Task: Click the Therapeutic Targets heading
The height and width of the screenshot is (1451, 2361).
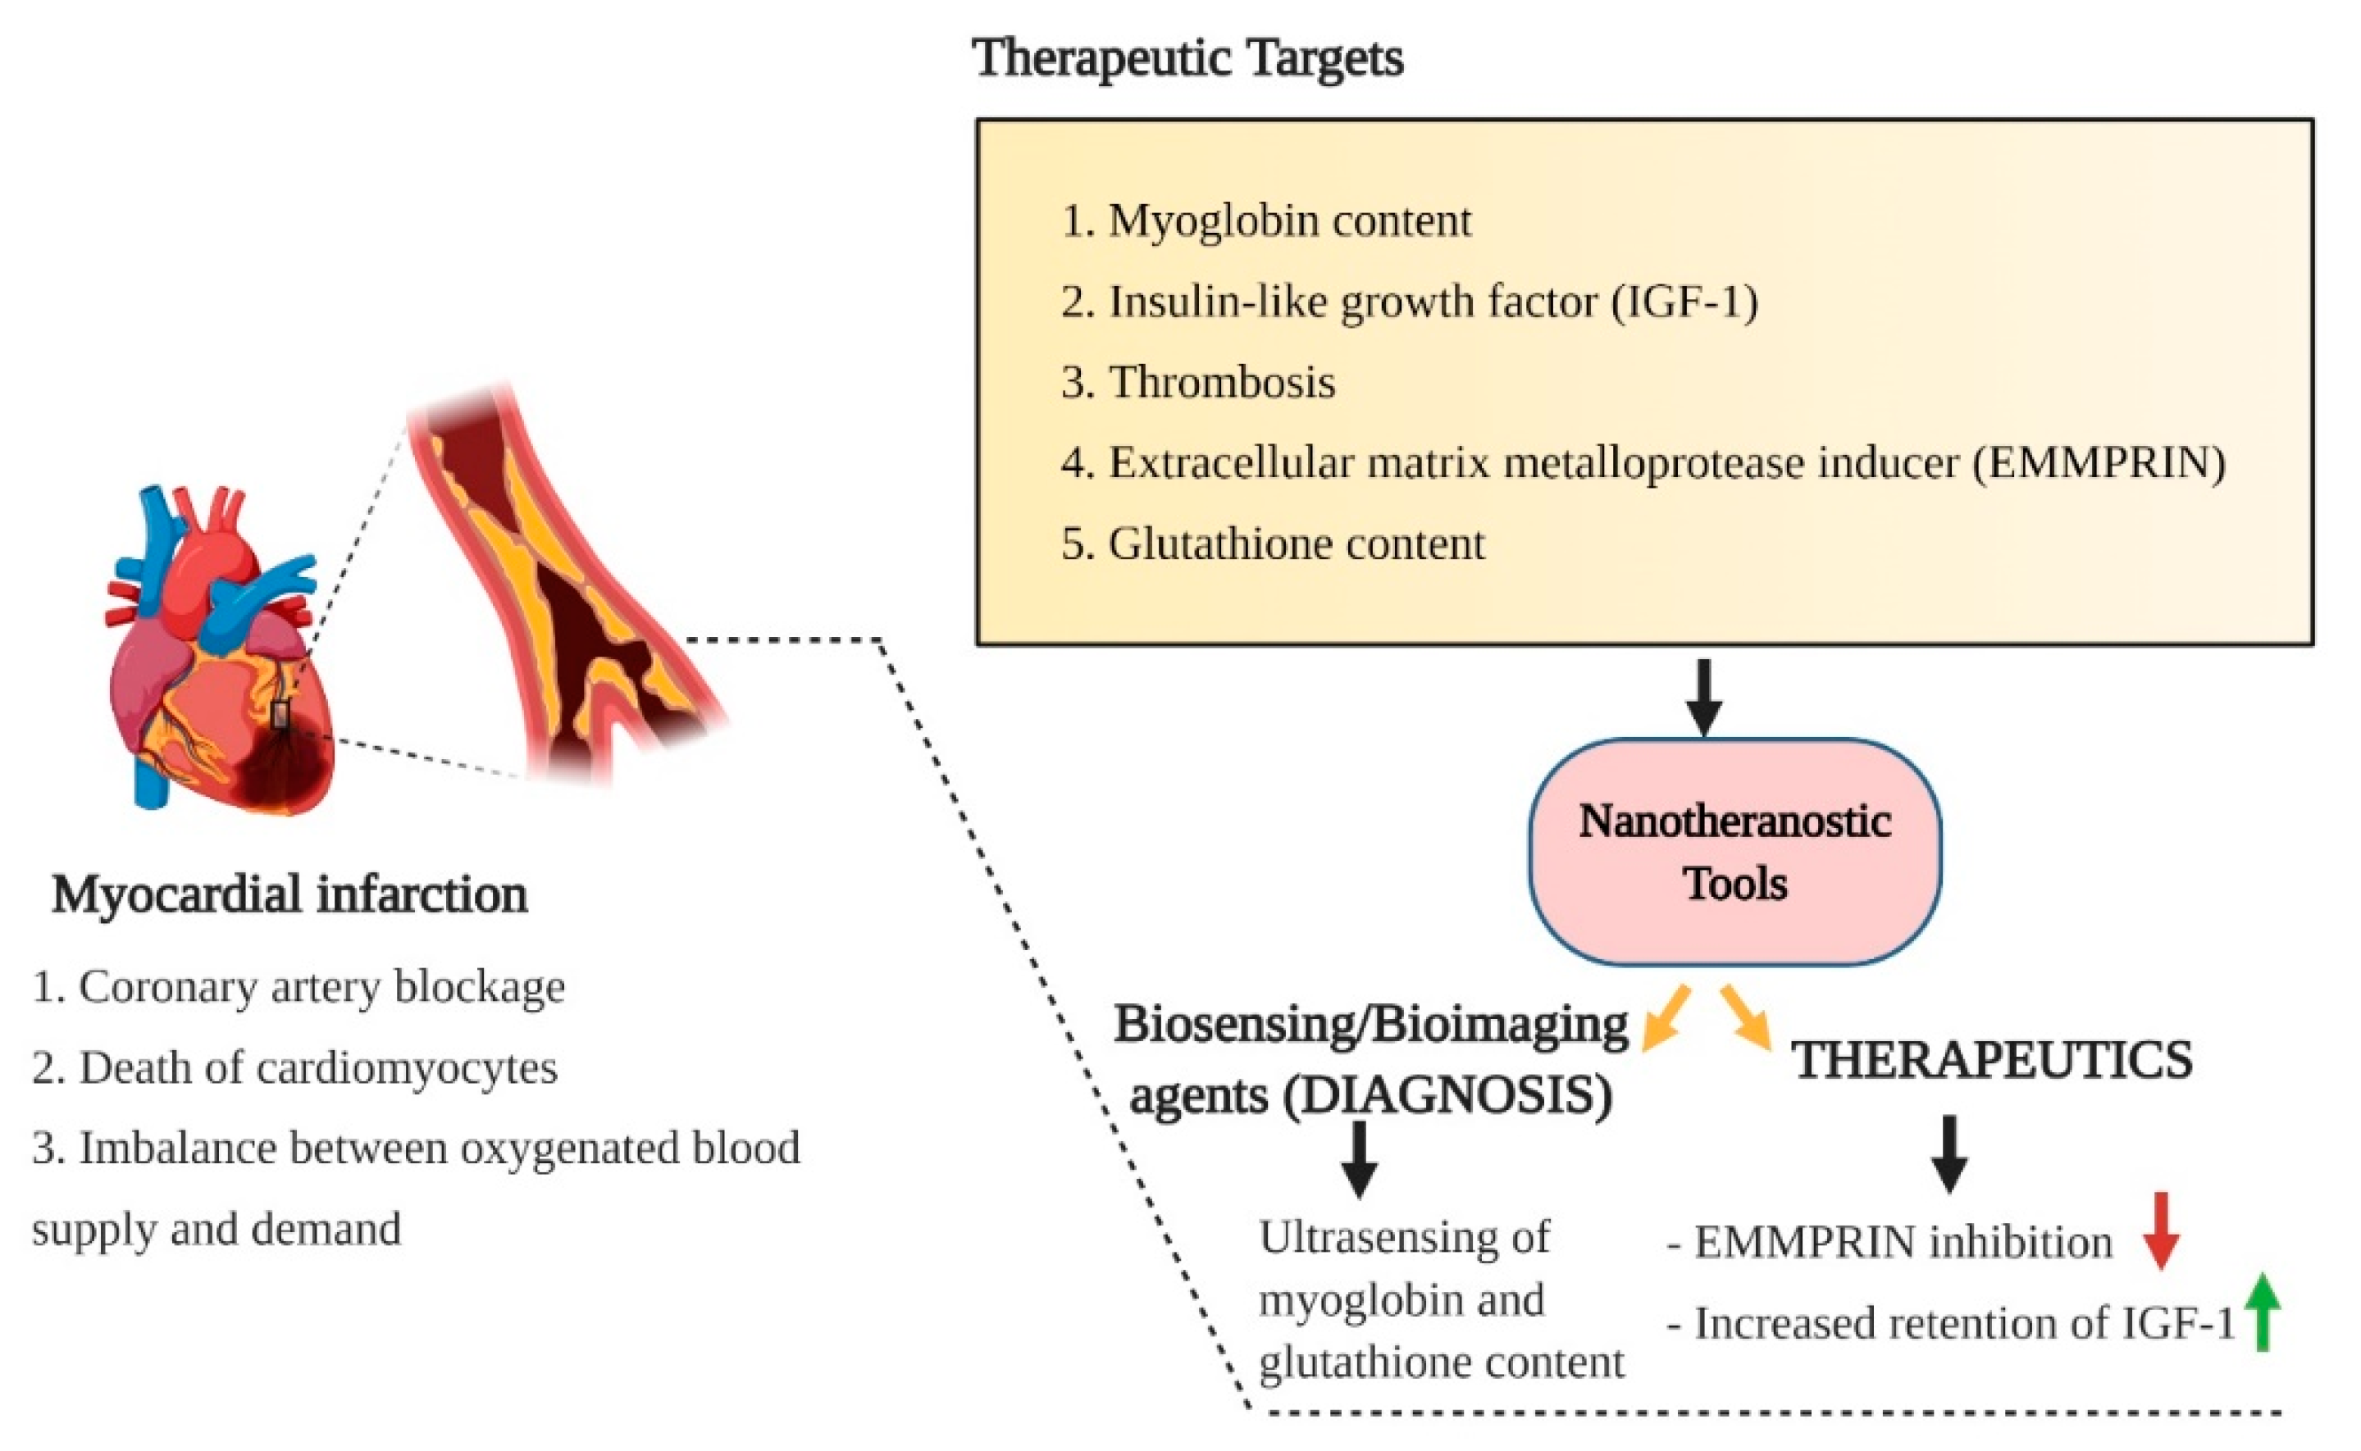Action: (x=1187, y=57)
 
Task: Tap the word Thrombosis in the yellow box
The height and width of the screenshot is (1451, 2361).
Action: (x=1222, y=383)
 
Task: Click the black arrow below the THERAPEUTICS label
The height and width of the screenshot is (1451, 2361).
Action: (x=1949, y=1153)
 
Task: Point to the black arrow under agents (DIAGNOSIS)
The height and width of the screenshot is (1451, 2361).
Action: (x=1359, y=1159)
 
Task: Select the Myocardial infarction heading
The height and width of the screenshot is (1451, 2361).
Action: (x=289, y=894)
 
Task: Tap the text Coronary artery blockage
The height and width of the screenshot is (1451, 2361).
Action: (x=321, y=986)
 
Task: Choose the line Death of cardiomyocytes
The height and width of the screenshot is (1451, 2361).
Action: (x=317, y=1067)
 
